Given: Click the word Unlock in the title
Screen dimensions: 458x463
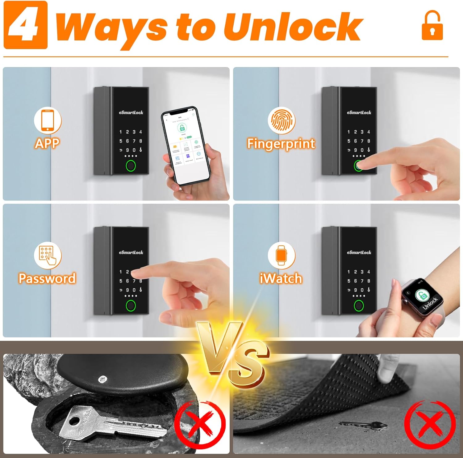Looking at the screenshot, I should click(292, 27).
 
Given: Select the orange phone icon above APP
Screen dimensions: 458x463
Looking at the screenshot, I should click(48, 121).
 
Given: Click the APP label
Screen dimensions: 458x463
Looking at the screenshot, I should click(47, 143).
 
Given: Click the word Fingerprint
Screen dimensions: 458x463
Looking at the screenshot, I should click(281, 144).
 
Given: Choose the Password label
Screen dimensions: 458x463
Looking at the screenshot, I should click(47, 278).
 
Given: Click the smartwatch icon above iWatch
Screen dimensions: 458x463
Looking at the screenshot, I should click(281, 255).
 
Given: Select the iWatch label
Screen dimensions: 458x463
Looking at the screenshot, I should click(281, 278).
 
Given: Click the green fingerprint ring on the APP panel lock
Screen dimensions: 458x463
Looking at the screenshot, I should click(131, 166).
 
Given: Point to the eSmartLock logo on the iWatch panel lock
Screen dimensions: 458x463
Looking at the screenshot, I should click(359, 252).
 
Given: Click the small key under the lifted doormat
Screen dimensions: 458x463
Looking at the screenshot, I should click(364, 426).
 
